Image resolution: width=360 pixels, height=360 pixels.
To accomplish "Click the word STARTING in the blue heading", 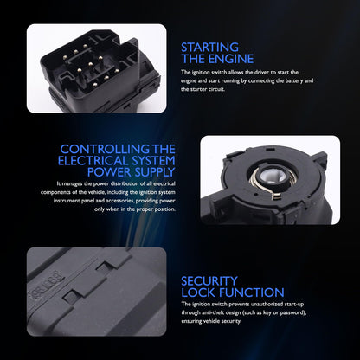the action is click(209, 48).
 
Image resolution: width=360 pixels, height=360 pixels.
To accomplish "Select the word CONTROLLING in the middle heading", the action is click(105, 149).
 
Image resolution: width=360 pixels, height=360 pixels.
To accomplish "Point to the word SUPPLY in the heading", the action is click(154, 172).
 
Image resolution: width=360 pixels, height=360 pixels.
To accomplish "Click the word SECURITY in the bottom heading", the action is click(209, 281).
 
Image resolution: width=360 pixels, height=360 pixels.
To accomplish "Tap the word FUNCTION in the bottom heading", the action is click(252, 292).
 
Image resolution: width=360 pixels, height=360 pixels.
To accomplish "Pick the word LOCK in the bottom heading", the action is click(198, 292).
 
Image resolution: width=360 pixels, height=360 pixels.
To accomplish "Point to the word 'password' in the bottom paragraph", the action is click(292, 312).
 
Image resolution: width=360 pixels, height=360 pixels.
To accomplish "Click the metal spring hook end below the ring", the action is click(276, 196).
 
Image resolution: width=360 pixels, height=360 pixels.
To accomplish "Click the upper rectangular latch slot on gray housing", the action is click(104, 267).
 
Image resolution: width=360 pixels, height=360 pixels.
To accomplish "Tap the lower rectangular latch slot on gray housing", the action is click(70, 294).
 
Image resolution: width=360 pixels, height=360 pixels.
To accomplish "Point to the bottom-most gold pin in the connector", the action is click(95, 85).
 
